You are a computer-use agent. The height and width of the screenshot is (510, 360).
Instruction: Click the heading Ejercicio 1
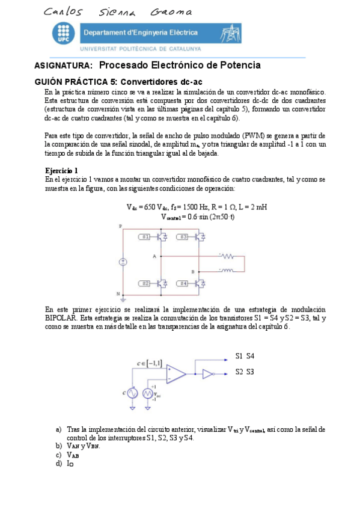[61, 171]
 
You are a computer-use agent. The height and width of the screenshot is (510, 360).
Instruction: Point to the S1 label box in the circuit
[144, 237]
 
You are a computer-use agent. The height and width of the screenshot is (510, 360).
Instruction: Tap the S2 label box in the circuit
[144, 282]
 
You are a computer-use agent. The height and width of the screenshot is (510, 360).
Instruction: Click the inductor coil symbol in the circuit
[227, 269]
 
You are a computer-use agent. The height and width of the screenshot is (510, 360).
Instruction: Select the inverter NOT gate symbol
[208, 373]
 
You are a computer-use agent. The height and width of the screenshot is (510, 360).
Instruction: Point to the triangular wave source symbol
[148, 393]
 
